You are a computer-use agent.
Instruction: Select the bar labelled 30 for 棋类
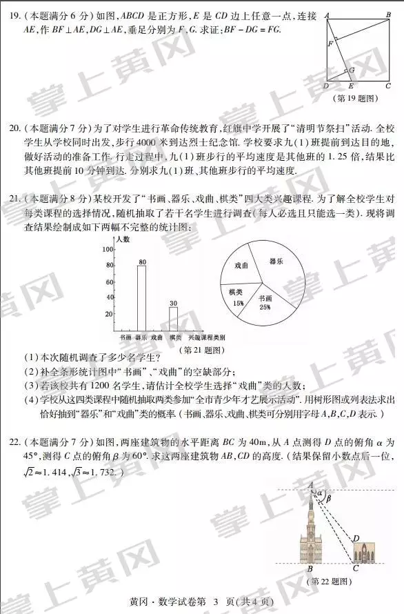[x=173, y=319]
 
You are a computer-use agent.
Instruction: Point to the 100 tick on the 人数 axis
[x=108, y=248]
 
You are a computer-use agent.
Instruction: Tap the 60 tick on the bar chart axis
[x=108, y=281]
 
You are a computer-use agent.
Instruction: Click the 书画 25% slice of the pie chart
[x=264, y=303]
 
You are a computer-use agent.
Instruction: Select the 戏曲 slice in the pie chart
[x=241, y=266]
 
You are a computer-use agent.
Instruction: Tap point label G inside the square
[x=352, y=70]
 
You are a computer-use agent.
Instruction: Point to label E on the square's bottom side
[x=351, y=86]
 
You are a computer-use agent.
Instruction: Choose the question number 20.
[x=13, y=128]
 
